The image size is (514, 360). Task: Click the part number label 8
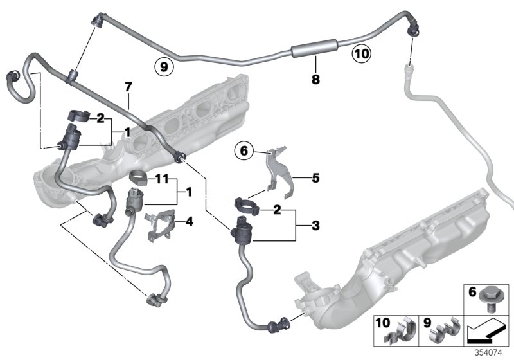315,80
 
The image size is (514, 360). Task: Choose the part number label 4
188,222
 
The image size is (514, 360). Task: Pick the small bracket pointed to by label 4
159,225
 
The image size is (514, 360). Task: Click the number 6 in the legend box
472,292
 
